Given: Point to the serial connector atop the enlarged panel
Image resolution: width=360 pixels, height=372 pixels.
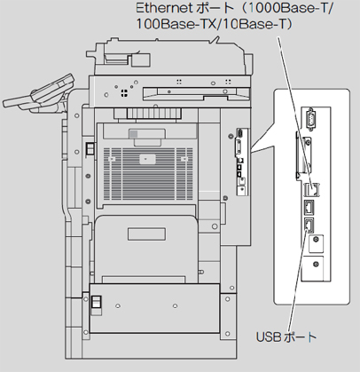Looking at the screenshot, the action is tap(310, 119).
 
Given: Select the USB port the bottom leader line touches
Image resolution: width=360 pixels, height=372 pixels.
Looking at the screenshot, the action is tap(309, 226).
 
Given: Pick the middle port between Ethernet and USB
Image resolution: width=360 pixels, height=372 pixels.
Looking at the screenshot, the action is tap(309, 207).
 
